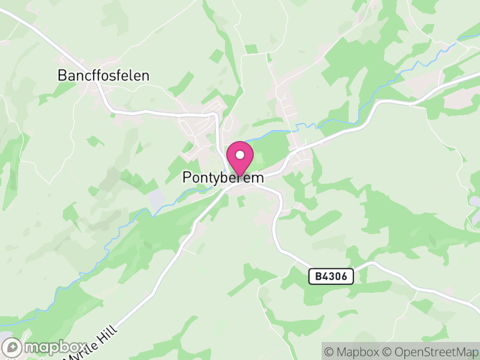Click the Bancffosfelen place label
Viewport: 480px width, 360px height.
coord(103,76)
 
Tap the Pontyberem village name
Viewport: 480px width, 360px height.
coord(223,178)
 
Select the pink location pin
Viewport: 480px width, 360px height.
coord(240,158)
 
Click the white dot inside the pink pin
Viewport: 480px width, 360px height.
coord(240,155)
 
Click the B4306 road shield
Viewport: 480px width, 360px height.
coord(331,277)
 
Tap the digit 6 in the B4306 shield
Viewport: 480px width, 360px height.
coord(348,277)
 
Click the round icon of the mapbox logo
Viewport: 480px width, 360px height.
coord(12,347)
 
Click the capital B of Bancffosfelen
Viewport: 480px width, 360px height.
coord(62,76)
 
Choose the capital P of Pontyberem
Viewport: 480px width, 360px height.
coord(187,178)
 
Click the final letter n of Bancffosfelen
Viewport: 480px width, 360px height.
coord(145,76)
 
